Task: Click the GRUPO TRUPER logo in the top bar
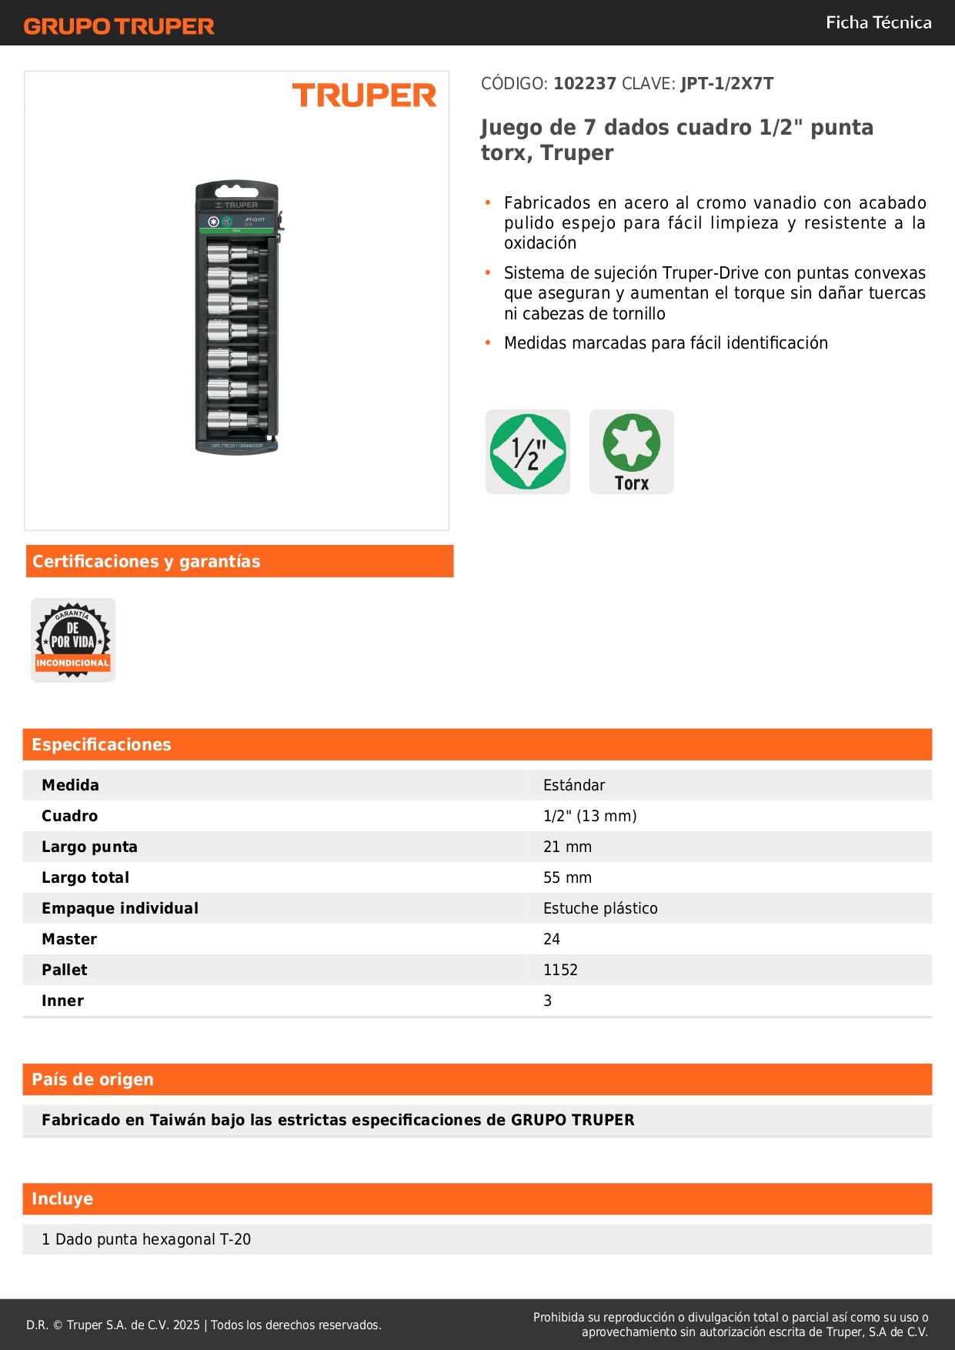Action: coord(119,26)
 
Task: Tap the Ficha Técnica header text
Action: coord(878,23)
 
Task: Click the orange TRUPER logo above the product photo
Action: coord(364,95)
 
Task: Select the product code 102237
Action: coord(585,84)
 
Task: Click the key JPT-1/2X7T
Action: coord(727,84)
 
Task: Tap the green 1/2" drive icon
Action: coord(528,452)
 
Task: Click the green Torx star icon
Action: coord(632,443)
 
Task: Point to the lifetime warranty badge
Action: coord(73,640)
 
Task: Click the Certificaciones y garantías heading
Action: coord(146,562)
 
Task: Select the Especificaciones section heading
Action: coord(102,745)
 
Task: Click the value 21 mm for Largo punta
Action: coord(567,847)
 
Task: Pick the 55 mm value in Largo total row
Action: coord(567,877)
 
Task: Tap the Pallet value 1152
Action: coord(560,970)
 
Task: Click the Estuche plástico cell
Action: coord(600,908)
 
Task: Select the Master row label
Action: coord(69,939)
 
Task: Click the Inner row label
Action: coord(62,1001)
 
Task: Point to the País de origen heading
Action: coord(92,1080)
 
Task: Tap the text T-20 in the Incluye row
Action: coord(235,1239)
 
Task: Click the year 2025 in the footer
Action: coord(186,1325)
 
